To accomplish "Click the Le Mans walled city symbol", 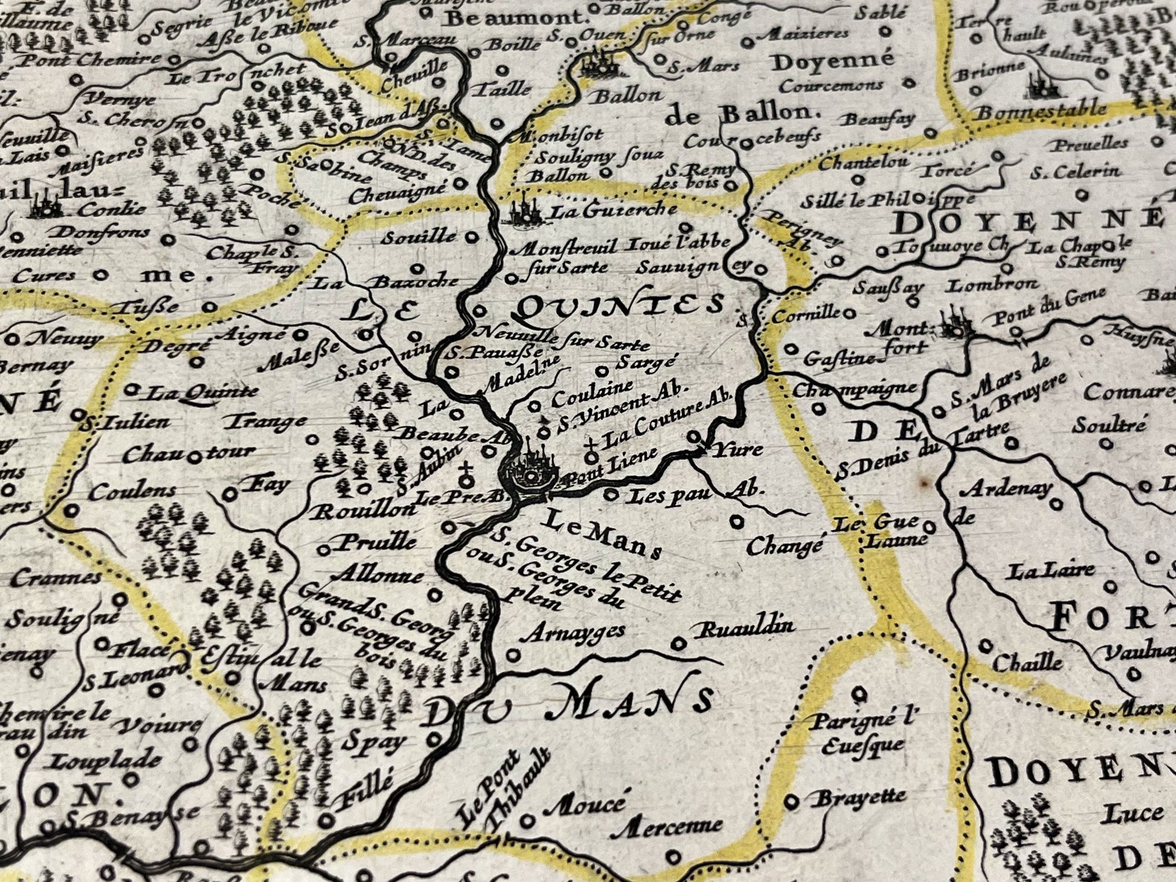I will tap(530, 474).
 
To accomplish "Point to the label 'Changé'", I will tap(784, 547).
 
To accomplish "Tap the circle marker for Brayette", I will tap(791, 802).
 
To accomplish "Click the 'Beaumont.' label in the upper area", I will tap(517, 18).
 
